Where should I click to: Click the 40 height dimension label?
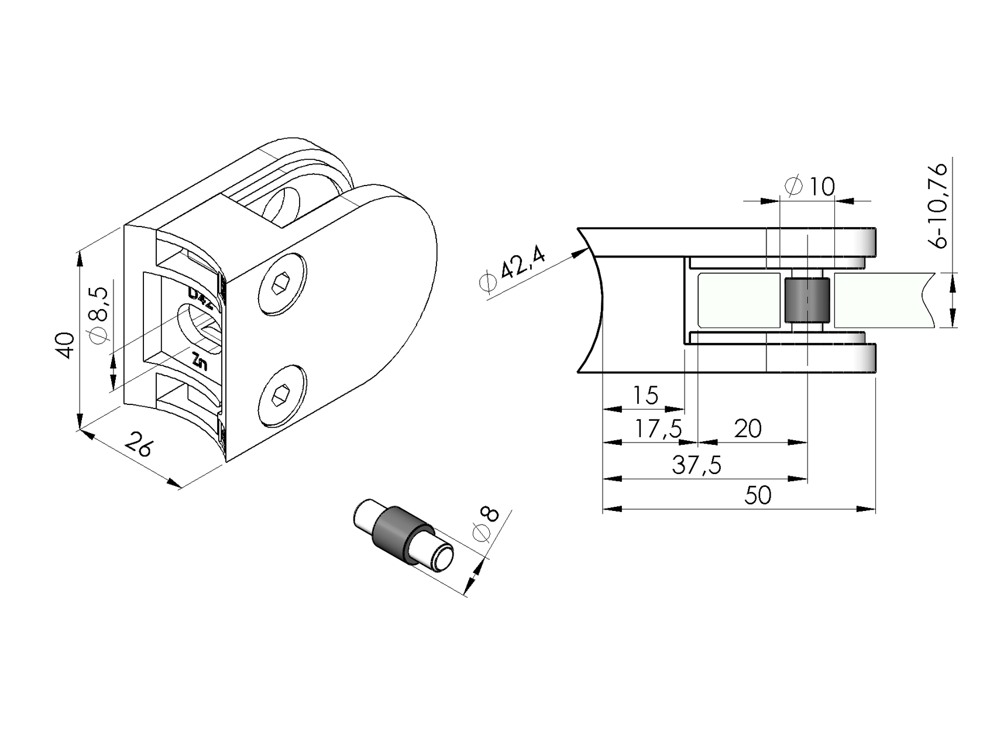click(66, 345)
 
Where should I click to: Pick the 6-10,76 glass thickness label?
click(940, 205)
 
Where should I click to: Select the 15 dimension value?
click(645, 396)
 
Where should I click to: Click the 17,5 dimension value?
click(659, 430)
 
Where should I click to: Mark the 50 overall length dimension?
click(758, 496)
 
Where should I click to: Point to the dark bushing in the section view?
click(806, 300)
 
